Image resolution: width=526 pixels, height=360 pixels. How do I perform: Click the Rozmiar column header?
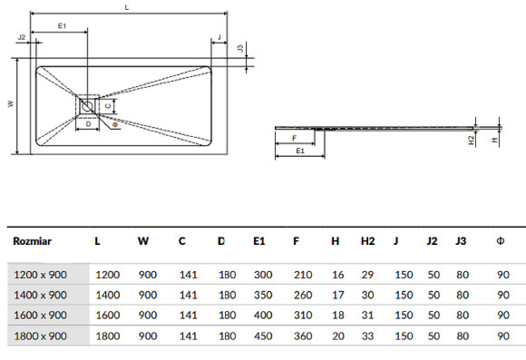[x=33, y=241]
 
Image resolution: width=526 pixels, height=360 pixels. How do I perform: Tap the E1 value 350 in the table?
[x=262, y=295]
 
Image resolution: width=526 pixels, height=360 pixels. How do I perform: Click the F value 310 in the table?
[x=302, y=315]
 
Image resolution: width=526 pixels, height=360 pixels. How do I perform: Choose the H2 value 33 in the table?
[x=367, y=336]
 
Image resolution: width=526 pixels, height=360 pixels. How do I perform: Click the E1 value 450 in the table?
[x=262, y=336]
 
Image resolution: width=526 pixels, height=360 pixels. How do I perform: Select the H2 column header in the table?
[x=367, y=241]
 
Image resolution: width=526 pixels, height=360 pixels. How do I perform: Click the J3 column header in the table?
[x=461, y=241]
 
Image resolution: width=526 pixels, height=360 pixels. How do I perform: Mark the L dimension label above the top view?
[x=127, y=7]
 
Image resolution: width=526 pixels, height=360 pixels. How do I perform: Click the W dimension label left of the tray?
[x=10, y=104]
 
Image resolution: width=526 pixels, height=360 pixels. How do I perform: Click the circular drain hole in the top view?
[x=87, y=106]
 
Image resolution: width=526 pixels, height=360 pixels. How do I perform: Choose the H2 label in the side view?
[x=472, y=140]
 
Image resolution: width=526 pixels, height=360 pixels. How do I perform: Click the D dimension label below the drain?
[x=88, y=123]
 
